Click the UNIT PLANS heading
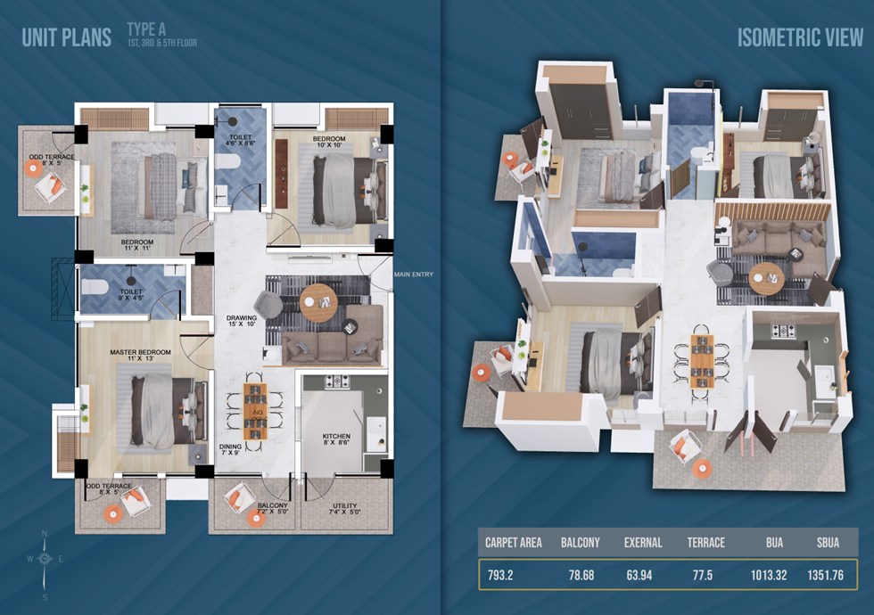coord(66,37)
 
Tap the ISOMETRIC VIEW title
coord(800,37)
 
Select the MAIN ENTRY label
coord(414,275)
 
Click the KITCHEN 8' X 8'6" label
coord(337,439)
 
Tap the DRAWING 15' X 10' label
coord(242,320)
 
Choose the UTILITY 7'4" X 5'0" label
coord(344,509)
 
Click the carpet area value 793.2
coord(500,575)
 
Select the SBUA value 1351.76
coord(826,575)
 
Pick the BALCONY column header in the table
coord(581,543)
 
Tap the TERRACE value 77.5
coord(703,575)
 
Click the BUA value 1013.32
coord(769,575)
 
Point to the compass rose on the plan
coord(45,559)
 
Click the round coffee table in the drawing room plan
coord(318,302)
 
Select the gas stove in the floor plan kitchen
coord(337,381)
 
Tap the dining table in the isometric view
coord(702,362)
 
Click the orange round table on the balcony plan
coord(256,518)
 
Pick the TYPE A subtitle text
coord(146,29)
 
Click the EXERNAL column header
coord(643,543)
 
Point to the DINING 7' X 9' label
coord(230,449)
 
